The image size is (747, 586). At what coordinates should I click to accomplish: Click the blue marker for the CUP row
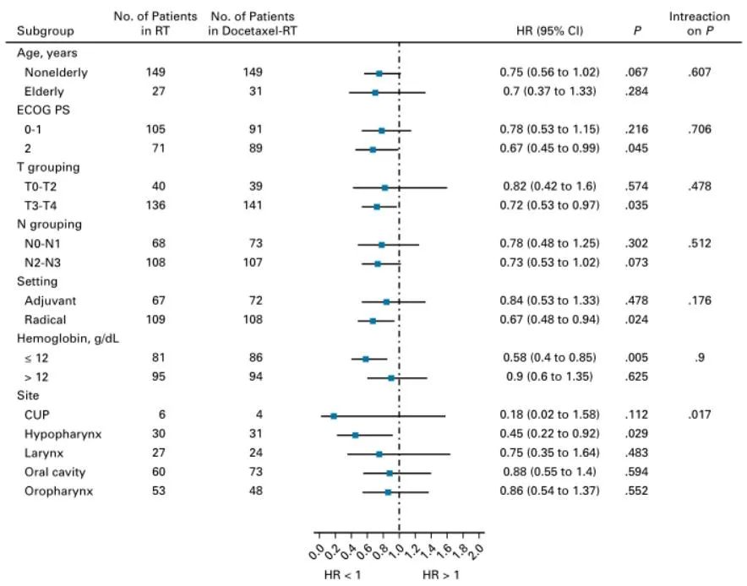[334, 415]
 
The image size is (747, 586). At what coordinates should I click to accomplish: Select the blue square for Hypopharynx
[355, 435]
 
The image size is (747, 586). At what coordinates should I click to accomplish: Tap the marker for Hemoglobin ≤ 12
[365, 359]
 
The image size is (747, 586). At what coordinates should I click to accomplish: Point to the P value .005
[635, 359]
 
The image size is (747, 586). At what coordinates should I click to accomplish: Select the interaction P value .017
[699, 415]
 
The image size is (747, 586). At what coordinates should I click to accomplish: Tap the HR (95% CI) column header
[550, 31]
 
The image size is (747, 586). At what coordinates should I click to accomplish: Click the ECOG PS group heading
[41, 111]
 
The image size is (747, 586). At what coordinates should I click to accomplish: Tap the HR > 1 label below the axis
[440, 574]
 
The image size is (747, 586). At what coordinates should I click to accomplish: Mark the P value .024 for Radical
[635, 321]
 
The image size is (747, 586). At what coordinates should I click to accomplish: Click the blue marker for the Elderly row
[375, 91]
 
